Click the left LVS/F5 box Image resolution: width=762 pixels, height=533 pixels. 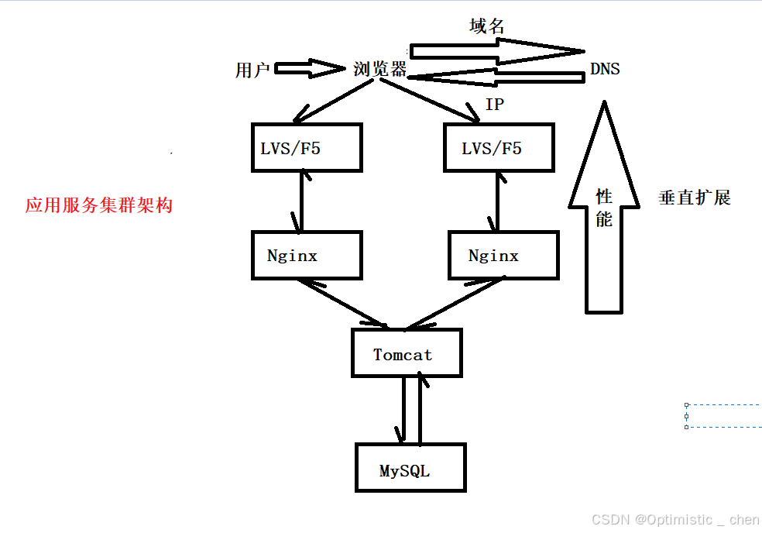307,147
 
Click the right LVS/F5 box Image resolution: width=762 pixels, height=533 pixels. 499,147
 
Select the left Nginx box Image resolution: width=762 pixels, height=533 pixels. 307,255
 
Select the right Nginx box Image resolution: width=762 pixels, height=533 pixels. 503,255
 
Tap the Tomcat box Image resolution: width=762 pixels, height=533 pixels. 407,354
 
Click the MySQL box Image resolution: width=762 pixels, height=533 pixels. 410,468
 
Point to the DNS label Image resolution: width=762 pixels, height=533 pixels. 605,69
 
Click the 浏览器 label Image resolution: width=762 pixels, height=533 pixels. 379,69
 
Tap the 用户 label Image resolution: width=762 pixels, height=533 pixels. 252,70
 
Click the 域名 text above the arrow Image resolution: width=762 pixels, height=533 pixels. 487,26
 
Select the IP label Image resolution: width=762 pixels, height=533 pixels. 494,105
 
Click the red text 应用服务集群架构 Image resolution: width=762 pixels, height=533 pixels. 98,205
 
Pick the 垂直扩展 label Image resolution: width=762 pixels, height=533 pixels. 695,198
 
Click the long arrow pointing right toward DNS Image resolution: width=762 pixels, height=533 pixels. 496,51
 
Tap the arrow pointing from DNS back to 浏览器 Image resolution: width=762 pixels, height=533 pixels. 496,77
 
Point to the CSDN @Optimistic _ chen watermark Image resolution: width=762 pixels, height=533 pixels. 675,520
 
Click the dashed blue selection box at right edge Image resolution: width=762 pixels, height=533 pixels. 724,416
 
